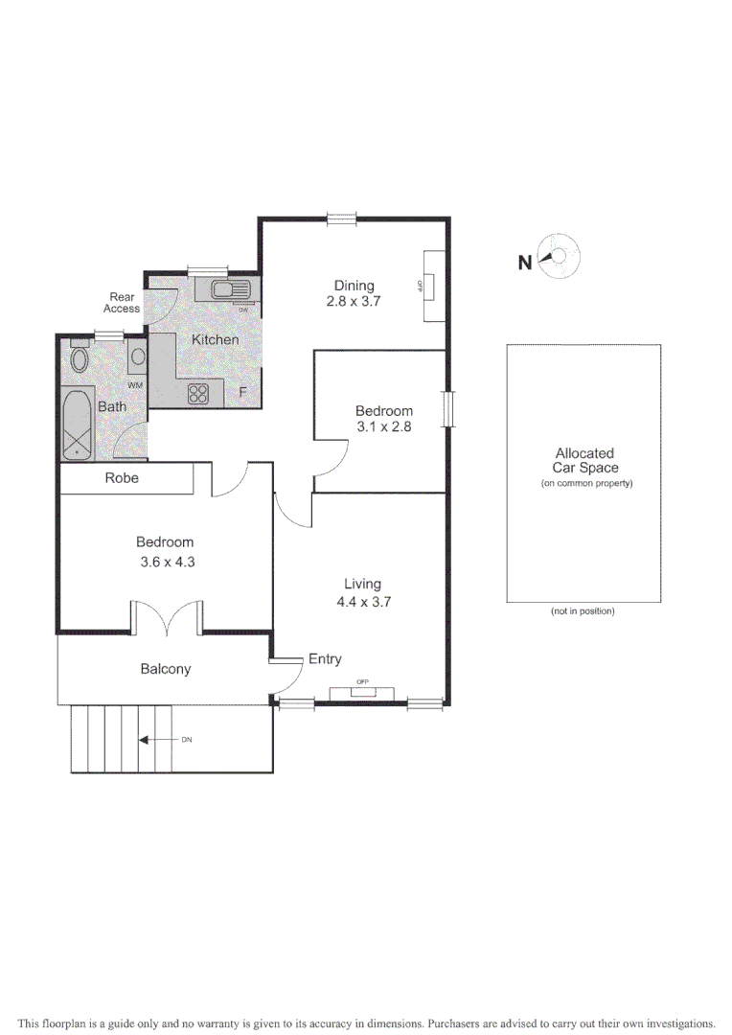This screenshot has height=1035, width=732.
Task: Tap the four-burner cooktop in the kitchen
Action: pos(199,394)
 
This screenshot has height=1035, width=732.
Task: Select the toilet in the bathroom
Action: pos(80,361)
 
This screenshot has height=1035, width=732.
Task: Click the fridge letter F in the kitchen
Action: pos(243,392)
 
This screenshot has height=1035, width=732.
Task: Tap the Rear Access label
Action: pos(122,303)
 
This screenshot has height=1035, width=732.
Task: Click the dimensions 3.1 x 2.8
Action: pos(383,427)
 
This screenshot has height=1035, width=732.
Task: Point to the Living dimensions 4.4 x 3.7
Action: pos(363,603)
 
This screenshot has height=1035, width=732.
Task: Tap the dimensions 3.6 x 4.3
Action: pos(165,563)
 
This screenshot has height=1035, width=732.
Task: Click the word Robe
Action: pos(122,477)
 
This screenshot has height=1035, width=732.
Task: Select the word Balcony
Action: pos(166,669)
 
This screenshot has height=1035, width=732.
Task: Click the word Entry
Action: pos(324,659)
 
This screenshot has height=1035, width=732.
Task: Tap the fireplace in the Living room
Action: pos(362,692)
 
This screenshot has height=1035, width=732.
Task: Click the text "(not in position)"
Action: pos(583,611)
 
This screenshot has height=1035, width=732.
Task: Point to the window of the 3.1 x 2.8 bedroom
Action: pos(449,408)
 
